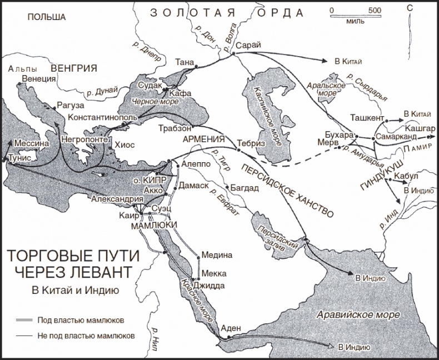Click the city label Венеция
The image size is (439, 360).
coord(39,79)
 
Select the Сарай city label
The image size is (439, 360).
coord(247,46)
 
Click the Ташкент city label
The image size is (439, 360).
coord(367,118)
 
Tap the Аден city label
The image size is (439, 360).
coord(230,328)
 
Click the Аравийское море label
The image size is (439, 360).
coord(358,315)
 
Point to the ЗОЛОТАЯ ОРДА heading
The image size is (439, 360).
coord(228,12)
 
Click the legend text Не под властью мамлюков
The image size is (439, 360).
coord(86,336)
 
